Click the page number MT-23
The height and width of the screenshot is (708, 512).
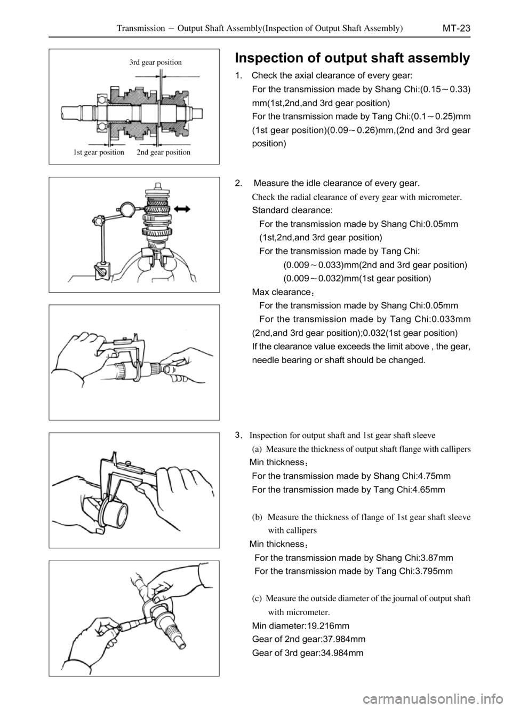456,28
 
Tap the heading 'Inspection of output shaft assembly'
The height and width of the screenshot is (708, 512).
353,58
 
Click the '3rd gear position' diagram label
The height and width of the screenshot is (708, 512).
156,62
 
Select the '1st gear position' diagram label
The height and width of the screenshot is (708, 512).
99,152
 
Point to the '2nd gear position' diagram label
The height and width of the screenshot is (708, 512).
164,152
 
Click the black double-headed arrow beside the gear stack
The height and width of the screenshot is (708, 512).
182,208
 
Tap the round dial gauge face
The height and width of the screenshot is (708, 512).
129,209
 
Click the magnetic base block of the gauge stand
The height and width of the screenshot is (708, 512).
102,271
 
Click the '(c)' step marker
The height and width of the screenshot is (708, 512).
257,599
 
